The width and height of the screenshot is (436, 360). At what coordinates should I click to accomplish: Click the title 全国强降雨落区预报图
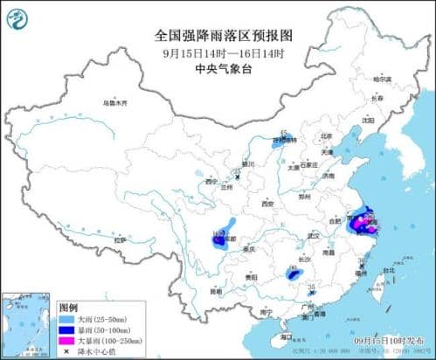[218, 36]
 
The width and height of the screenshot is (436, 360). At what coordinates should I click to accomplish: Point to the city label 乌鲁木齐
[115, 103]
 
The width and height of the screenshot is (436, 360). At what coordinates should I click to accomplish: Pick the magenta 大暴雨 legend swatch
[66, 342]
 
